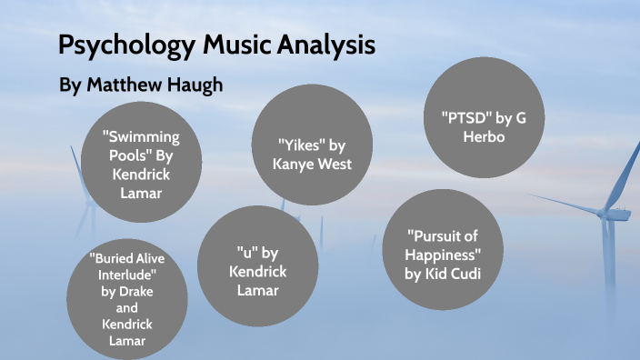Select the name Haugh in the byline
point(192,85)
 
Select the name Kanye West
point(312,164)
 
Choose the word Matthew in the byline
point(121,85)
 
